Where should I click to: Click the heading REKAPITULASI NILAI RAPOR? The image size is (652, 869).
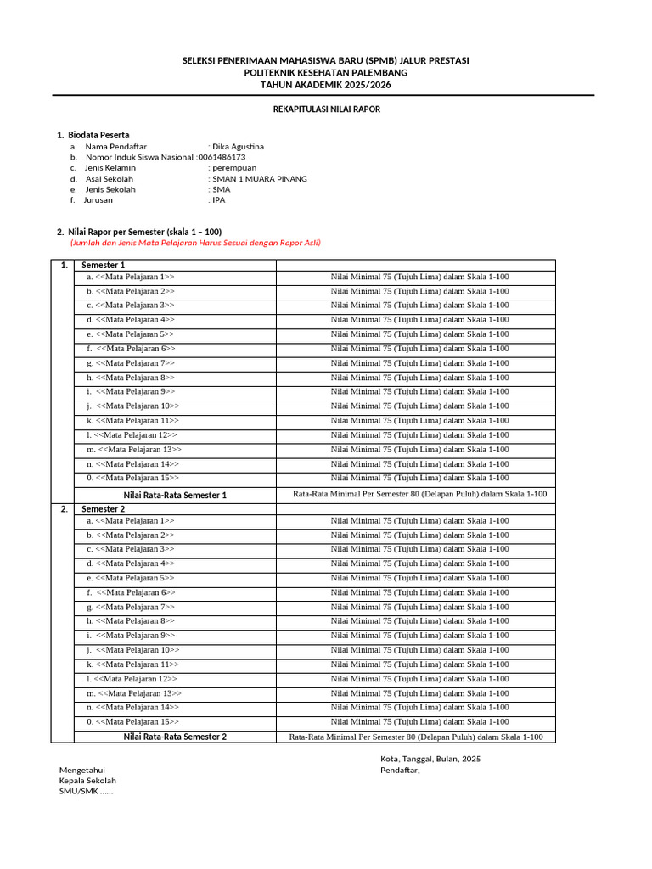coord(326,110)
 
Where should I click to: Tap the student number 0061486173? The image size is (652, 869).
coord(221,157)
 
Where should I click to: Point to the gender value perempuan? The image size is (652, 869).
coord(234,168)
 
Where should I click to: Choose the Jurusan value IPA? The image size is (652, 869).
coord(219,200)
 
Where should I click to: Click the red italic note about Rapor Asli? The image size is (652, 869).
coord(195,243)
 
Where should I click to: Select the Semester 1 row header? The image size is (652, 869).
coord(103,266)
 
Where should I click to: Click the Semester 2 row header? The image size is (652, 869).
coord(103,509)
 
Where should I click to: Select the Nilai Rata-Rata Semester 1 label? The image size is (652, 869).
coord(175,495)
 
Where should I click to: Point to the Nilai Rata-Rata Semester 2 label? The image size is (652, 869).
coord(175,737)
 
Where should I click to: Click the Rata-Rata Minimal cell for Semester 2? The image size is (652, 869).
coord(416,737)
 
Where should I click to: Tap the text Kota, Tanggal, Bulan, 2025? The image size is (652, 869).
coord(430,759)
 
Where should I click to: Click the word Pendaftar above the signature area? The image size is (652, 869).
coord(399,770)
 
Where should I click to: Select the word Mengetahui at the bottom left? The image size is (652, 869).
coord(81,770)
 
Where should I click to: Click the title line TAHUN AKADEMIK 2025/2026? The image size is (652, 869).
coord(326,85)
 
